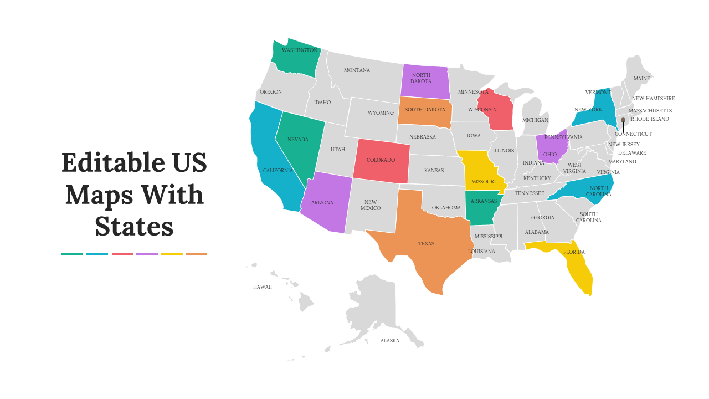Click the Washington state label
(x=300, y=50)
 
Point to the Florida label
(x=574, y=252)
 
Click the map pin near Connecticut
(x=623, y=120)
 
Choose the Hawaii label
(x=263, y=287)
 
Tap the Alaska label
(x=389, y=341)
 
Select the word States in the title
(x=134, y=227)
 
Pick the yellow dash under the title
(x=172, y=254)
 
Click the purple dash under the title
(x=147, y=254)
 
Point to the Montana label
(x=357, y=70)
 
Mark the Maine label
(x=642, y=79)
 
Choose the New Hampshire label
(x=653, y=99)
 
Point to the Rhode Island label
(x=650, y=119)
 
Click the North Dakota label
(x=421, y=78)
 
